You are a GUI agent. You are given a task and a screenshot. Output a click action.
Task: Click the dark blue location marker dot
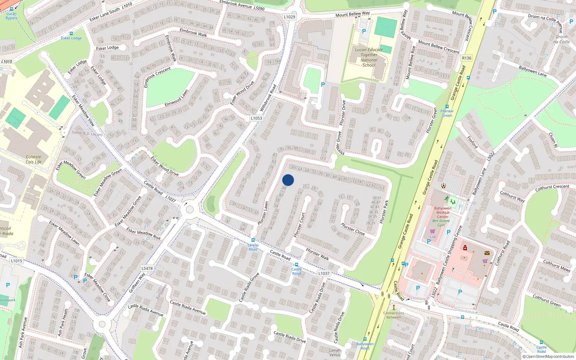(x=288, y=180)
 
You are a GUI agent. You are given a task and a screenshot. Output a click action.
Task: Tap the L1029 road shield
(x=289, y=17)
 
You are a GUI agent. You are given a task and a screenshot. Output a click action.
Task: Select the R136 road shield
(x=467, y=58)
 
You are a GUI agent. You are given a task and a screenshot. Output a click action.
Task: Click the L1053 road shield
(x=256, y=118)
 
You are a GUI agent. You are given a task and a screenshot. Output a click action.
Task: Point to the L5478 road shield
(x=147, y=268)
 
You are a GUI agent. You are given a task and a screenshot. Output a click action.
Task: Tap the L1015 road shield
(x=17, y=261)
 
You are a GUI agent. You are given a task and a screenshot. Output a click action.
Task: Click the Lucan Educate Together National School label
(x=369, y=58)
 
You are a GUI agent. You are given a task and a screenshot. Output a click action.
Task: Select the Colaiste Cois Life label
(x=33, y=159)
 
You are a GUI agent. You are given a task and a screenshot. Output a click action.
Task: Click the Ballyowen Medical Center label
(x=442, y=212)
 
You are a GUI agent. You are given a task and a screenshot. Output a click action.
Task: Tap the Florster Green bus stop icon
(x=447, y=107)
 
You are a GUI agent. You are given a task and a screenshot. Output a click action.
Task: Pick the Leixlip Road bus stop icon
(x=253, y=240)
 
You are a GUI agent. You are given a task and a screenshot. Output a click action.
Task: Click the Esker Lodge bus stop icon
(x=71, y=33)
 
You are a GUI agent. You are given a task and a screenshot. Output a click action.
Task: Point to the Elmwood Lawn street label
(x=176, y=98)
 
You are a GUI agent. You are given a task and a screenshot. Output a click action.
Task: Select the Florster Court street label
(x=300, y=225)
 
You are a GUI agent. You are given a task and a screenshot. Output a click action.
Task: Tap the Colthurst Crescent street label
(x=552, y=188)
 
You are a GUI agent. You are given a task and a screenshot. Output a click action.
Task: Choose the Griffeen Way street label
(x=137, y=283)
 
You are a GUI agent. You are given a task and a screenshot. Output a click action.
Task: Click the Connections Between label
(x=393, y=315)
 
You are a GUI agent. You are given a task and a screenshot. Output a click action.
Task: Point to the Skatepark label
(x=8, y=300)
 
